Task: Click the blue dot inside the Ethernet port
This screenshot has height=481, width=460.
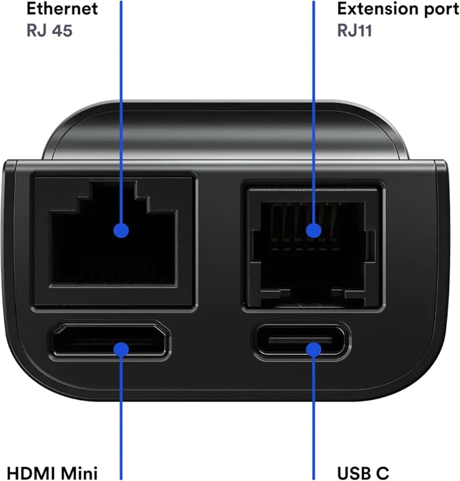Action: coord(121,230)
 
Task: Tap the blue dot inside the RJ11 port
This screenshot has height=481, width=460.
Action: coord(314,230)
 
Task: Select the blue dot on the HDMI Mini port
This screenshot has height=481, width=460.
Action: coord(121,349)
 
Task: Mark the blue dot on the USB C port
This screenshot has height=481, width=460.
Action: coord(314,349)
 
